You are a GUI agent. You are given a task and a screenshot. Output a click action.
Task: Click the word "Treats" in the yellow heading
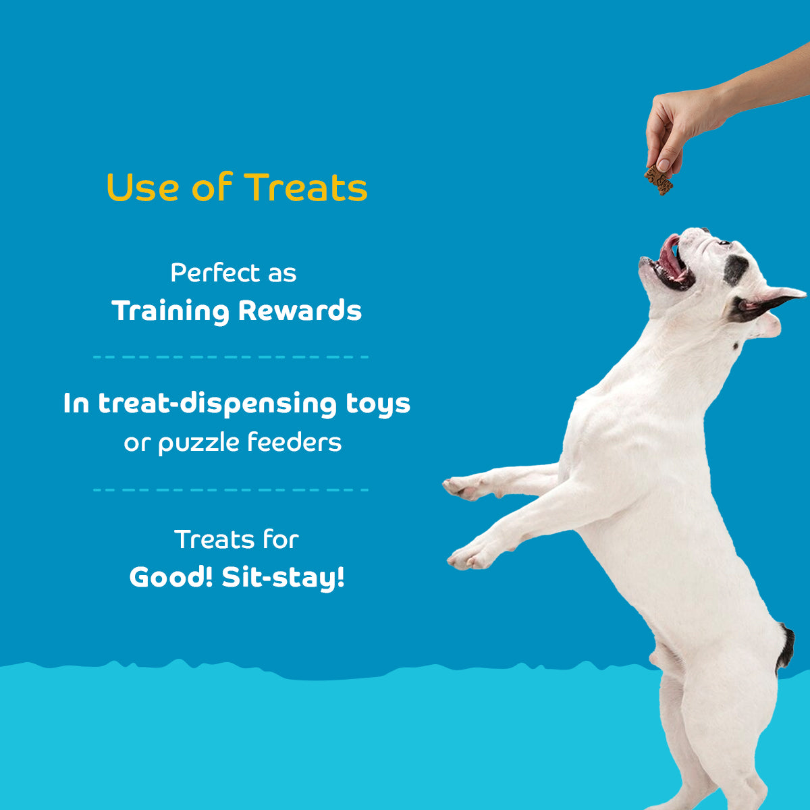[306, 188]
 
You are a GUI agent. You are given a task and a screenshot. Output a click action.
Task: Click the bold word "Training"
[171, 311]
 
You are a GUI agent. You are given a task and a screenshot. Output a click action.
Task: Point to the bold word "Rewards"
[300, 310]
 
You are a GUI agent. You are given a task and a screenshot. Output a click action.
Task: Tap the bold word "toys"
[378, 404]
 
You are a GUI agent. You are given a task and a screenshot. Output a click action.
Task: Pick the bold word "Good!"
[171, 577]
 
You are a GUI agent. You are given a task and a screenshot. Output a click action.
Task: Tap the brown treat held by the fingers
[659, 180]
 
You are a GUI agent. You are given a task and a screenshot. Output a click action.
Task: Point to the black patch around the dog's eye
[735, 269]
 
